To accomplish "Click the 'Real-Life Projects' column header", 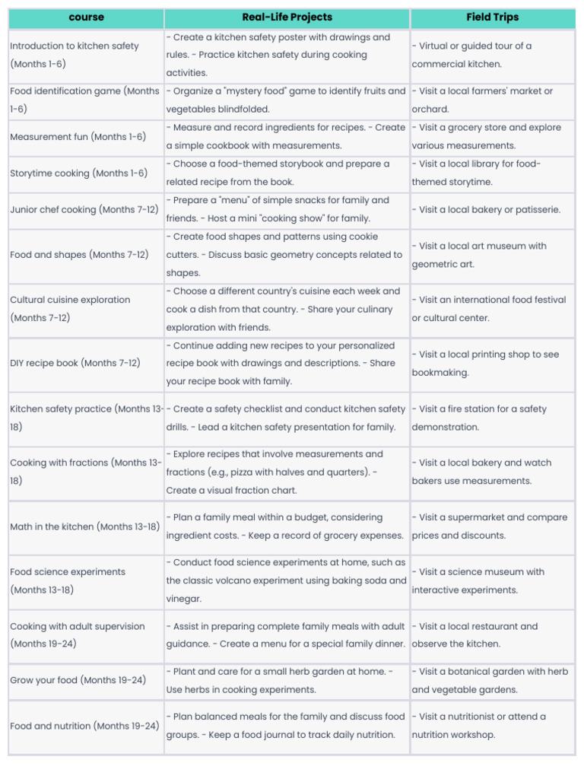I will pos(287,17).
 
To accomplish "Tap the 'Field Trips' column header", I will pos(492,17).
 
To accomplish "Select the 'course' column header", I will pos(86,17).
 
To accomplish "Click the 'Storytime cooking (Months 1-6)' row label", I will pos(78,173).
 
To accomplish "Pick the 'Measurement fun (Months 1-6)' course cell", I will pos(78,137).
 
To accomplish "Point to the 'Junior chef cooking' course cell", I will pos(84,209).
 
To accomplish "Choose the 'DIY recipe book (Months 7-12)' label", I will pos(75,364).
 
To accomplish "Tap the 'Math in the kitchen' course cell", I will pos(84,526).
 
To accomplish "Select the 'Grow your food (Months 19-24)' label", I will pos(78,680).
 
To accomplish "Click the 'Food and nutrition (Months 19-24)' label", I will pos(84,726).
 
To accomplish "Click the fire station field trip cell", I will pos(492,418).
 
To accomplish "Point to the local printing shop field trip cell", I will pos(492,364).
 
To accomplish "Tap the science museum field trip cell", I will pos(492,580).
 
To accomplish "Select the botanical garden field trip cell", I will pos(492,680).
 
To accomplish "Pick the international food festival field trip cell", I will pos(492,309).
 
